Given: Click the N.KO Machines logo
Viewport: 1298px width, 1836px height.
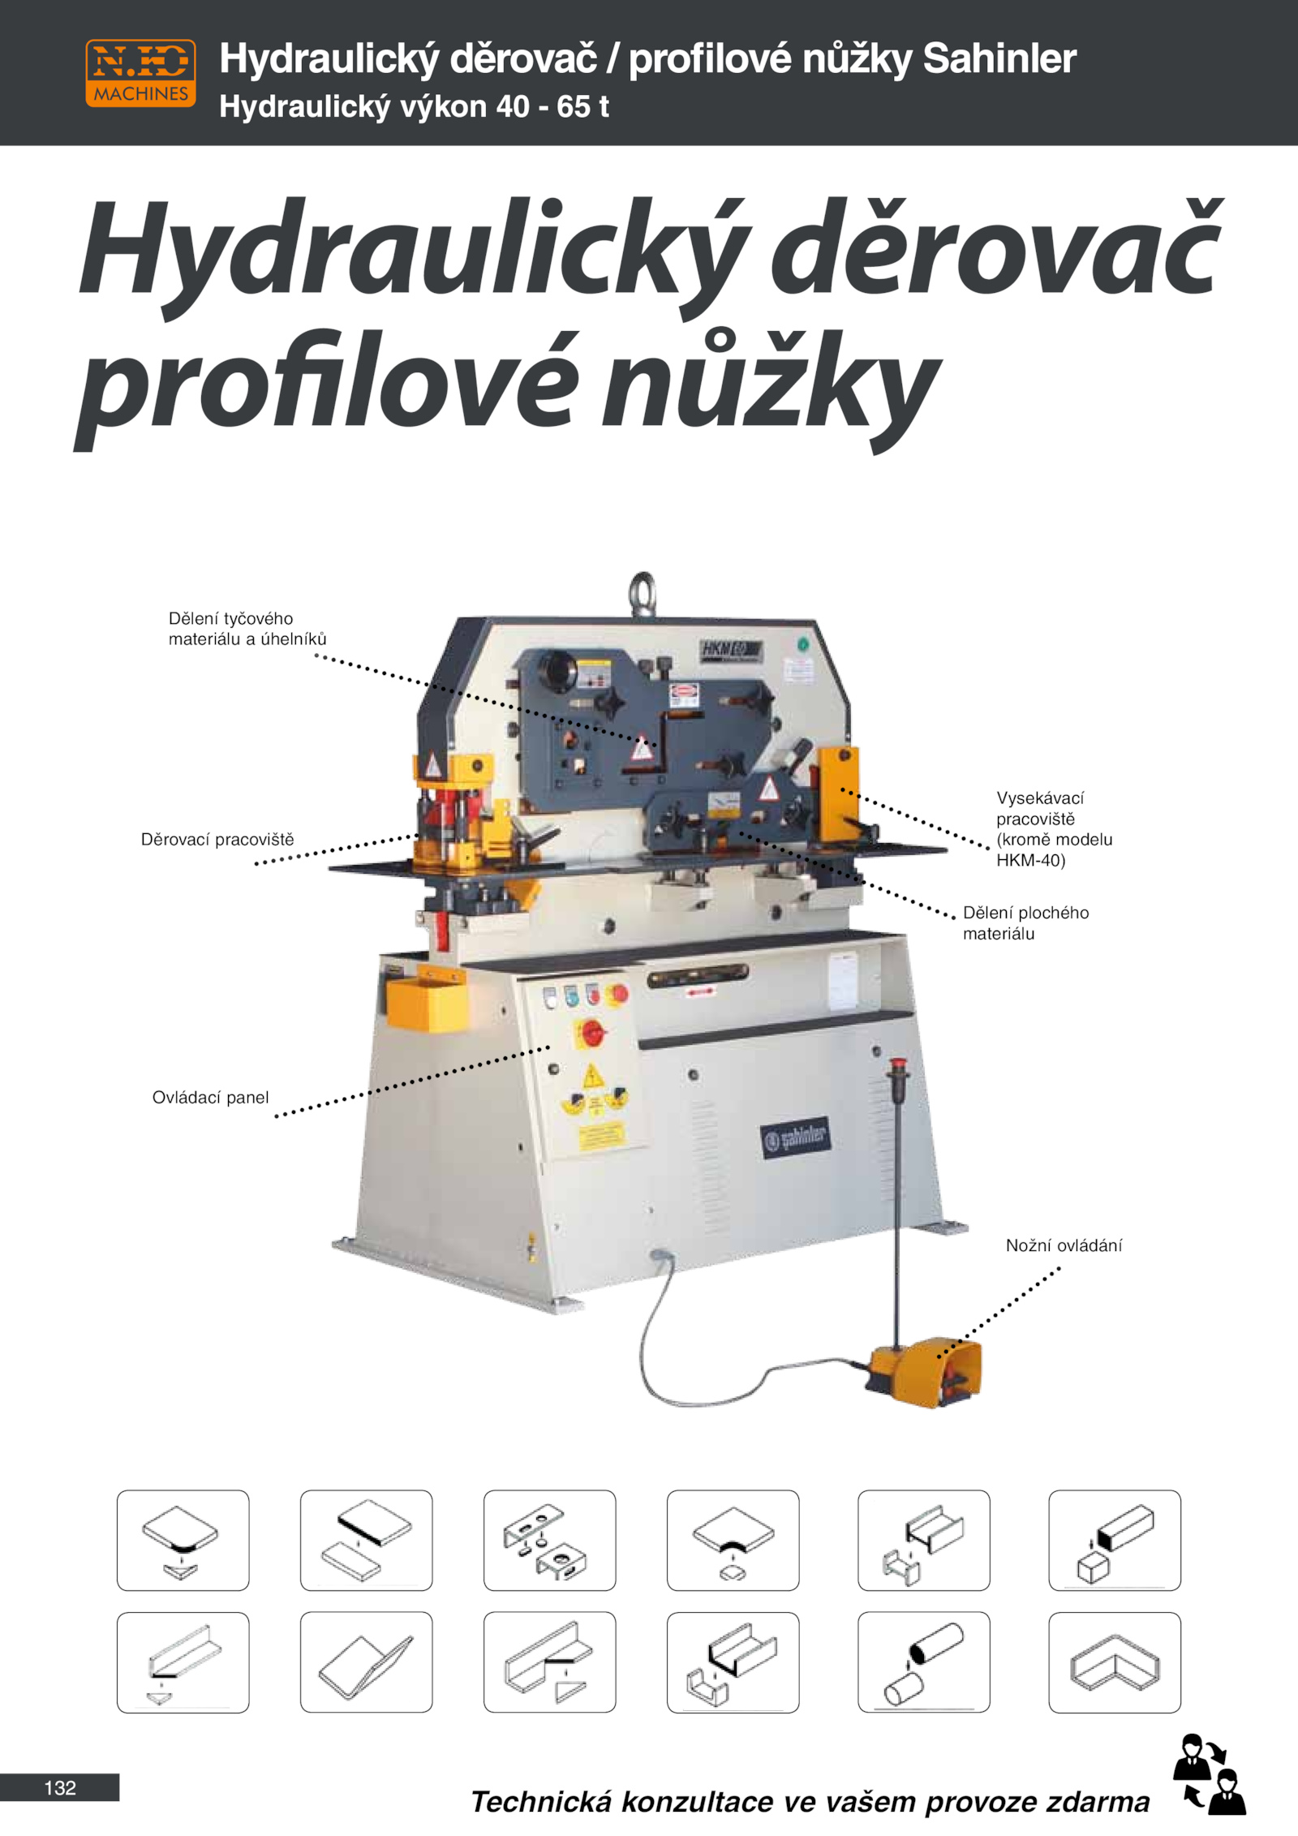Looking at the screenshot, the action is pyautogui.click(x=140, y=73).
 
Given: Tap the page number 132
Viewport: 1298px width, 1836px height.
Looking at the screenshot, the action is pyautogui.click(x=60, y=1787).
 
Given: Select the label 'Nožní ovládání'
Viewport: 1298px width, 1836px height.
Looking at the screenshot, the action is pyautogui.click(x=1064, y=1245).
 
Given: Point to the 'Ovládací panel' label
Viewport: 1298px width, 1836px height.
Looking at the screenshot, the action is pyautogui.click(x=210, y=1098).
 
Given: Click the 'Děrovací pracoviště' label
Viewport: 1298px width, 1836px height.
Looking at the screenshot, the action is pyautogui.click(x=217, y=840).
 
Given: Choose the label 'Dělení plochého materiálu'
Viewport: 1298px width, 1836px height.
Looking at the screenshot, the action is pyautogui.click(x=1025, y=923).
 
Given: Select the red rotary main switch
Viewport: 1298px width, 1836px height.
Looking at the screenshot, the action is pyautogui.click(x=592, y=1033).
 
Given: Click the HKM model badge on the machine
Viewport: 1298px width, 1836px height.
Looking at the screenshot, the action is pyautogui.click(x=731, y=650).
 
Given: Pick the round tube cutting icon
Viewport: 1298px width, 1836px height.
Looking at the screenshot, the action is pyautogui.click(x=923, y=1662).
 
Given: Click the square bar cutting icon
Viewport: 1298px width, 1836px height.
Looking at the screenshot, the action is pyautogui.click(x=1115, y=1540).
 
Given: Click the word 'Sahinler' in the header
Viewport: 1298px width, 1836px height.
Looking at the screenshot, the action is pyautogui.click(x=999, y=58).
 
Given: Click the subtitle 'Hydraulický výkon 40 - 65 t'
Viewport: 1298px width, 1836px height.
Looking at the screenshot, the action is pyautogui.click(x=414, y=106).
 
